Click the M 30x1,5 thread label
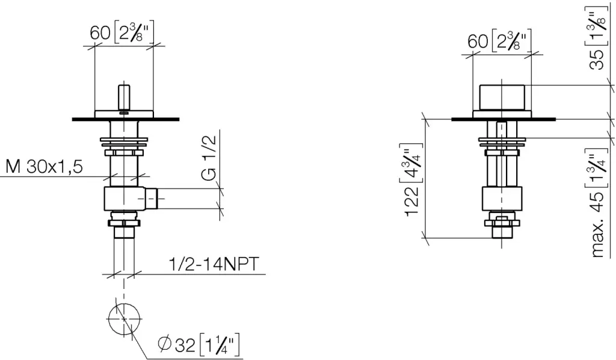tap(45, 167)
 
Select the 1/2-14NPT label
tap(214, 264)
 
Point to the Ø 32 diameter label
tap(176, 345)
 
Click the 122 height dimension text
tap(413, 201)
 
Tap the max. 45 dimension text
tap(597, 225)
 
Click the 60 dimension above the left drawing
tap(100, 33)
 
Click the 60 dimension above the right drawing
tap(478, 41)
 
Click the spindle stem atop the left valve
tap(124, 98)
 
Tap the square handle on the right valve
tap(502, 98)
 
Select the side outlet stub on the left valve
tap(151, 199)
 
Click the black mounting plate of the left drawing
tap(126, 119)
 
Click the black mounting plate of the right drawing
tap(504, 119)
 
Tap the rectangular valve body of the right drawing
tap(502, 199)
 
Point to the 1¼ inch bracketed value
tap(220, 345)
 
